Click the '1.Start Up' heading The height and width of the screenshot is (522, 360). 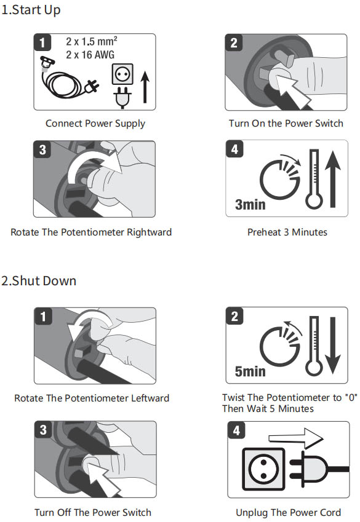31,10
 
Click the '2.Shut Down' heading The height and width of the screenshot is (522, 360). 39,280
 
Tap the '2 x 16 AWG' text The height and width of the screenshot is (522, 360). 90,55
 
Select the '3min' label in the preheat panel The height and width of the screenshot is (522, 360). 250,204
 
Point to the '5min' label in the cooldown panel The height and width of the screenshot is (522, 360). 250,371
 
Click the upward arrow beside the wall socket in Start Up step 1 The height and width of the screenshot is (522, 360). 145,87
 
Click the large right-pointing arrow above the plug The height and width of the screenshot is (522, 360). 295,438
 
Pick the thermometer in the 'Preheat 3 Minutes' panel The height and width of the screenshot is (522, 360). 314,179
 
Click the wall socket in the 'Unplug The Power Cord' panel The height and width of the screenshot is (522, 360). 263,469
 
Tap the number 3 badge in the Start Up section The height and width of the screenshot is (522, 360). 42,149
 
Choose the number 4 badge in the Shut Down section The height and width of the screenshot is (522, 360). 236,430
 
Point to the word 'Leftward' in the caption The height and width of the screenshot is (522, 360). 150,398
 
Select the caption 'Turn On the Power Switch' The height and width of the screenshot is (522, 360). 286,123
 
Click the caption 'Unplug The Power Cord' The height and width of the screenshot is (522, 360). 289,512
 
